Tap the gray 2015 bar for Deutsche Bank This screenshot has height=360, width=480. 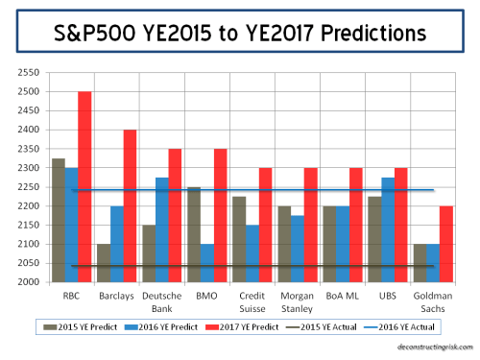point(149,253)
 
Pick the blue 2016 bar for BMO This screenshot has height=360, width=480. point(207,263)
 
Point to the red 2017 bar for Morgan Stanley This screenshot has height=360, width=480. point(311,225)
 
